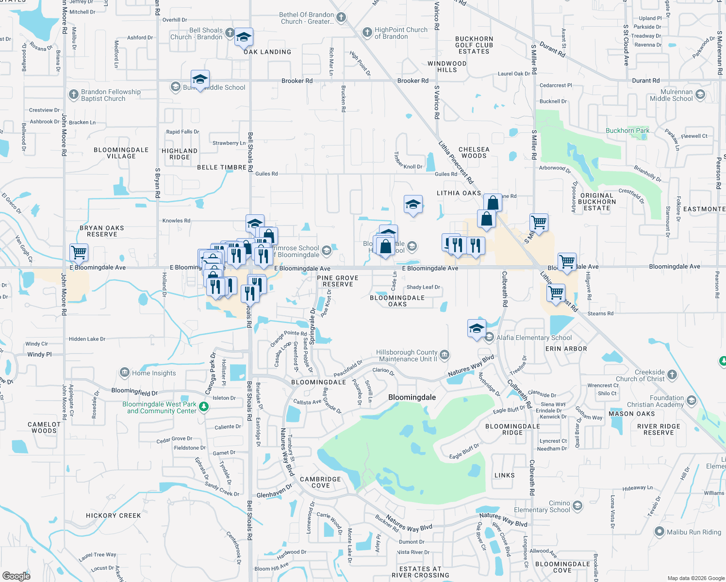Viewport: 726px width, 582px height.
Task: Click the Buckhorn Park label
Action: pyautogui.click(x=627, y=131)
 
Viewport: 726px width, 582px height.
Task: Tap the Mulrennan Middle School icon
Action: pyautogui.click(x=700, y=95)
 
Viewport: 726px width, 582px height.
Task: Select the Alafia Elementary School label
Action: pyautogui.click(x=534, y=338)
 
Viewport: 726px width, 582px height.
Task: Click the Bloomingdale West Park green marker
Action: pyautogui.click(x=204, y=407)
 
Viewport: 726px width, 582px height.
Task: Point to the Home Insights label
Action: pyautogui.click(x=154, y=373)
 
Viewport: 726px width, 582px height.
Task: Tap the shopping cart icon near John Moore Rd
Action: pyautogui.click(x=79, y=252)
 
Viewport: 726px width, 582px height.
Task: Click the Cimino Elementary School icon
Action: pyautogui.click(x=577, y=506)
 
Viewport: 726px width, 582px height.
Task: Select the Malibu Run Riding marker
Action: pyautogui.click(x=659, y=532)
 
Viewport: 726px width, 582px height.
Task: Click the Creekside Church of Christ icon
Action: pyautogui.click(x=672, y=374)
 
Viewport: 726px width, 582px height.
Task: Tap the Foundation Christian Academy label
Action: pyautogui.click(x=655, y=401)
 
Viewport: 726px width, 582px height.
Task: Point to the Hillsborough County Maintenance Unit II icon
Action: pyautogui.click(x=444, y=355)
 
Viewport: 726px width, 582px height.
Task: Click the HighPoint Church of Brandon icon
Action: pyautogui.click(x=367, y=32)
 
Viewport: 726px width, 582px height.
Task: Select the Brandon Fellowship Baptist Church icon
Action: pyautogui.click(x=73, y=95)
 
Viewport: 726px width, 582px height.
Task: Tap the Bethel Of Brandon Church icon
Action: pyautogui.click(x=341, y=18)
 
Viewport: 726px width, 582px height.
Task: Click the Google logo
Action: pyautogui.click(x=16, y=576)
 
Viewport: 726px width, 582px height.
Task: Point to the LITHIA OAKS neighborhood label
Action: pyautogui.click(x=459, y=193)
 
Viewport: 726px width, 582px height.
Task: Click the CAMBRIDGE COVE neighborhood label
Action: pyautogui.click(x=320, y=482)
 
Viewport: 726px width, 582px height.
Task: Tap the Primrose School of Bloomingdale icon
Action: pyautogui.click(x=327, y=250)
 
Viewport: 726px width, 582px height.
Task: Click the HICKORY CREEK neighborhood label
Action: pyautogui.click(x=113, y=516)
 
